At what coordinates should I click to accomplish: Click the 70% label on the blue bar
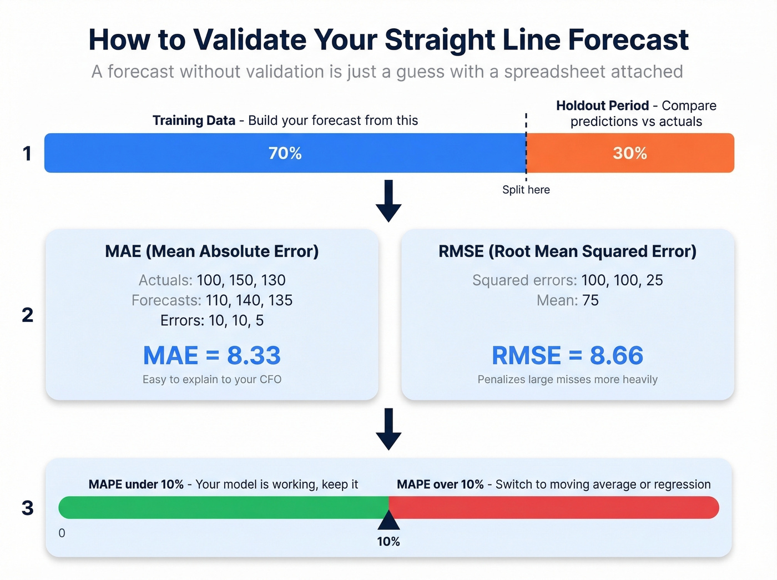click(x=285, y=153)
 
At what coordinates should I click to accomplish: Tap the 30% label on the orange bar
click(x=630, y=153)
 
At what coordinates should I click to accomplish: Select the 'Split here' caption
click(x=526, y=190)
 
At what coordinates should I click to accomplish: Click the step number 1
click(x=27, y=154)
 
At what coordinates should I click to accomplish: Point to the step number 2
click(x=27, y=315)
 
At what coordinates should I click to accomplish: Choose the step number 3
click(x=27, y=508)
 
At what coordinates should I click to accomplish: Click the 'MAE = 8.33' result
click(x=212, y=356)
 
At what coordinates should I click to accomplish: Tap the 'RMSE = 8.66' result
click(x=567, y=356)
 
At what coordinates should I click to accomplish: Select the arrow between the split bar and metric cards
click(x=389, y=200)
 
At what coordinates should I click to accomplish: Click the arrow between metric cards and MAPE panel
click(x=389, y=429)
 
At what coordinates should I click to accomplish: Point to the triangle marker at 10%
click(x=389, y=521)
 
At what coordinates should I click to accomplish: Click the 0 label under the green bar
click(x=62, y=533)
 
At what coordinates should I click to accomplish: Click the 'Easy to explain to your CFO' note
click(x=212, y=380)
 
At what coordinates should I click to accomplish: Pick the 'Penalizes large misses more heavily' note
click(x=567, y=380)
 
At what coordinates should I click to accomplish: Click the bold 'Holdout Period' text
click(x=602, y=106)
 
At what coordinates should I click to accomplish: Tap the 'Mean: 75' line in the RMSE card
click(x=567, y=301)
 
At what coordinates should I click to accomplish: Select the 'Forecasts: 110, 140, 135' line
click(x=212, y=301)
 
